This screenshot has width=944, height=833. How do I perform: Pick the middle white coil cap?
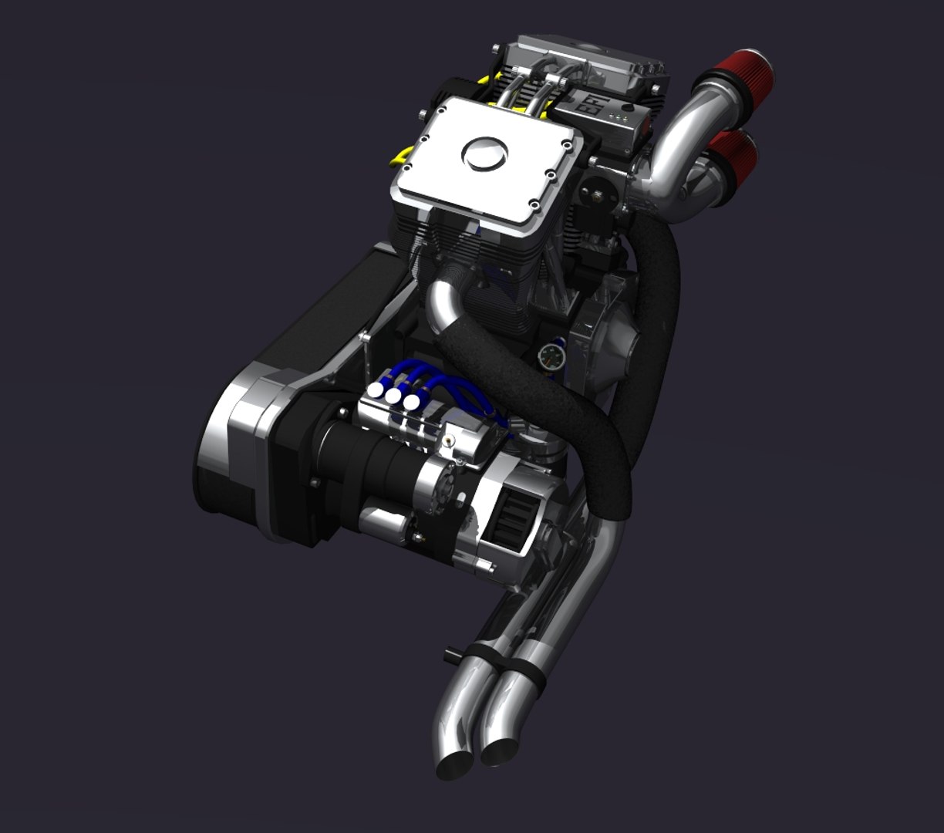[394, 396]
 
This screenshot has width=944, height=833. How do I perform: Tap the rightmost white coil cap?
[412, 403]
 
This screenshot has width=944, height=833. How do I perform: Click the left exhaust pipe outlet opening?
[455, 765]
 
